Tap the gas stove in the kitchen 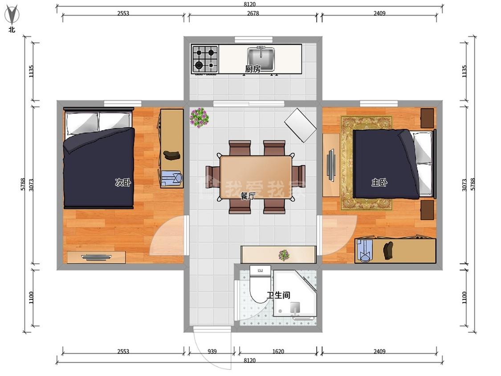(x=205, y=59)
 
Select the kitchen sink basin (x=261, y=59)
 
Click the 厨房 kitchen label (x=253, y=69)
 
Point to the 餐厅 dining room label (x=248, y=196)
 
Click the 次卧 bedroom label (x=123, y=183)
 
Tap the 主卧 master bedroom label (x=379, y=183)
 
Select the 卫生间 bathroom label (x=279, y=295)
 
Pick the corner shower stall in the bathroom (x=295, y=294)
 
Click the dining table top (x=256, y=177)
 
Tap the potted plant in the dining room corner (x=200, y=118)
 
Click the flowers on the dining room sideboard (x=283, y=255)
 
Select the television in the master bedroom (x=330, y=165)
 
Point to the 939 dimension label (x=212, y=351)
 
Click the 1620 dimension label (x=278, y=351)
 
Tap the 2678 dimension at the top (x=253, y=13)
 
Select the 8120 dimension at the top (x=249, y=4)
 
